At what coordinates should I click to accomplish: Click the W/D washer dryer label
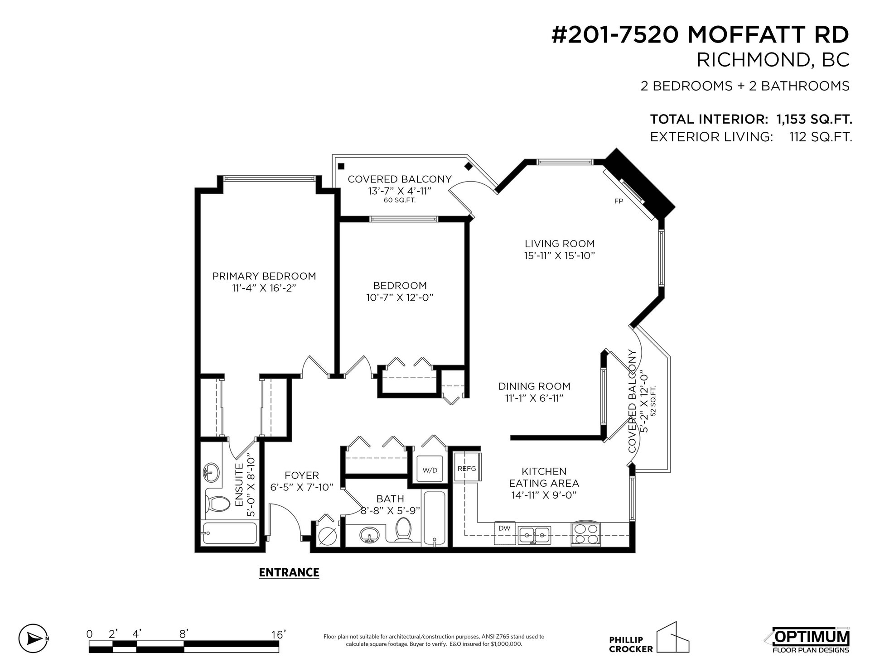click(x=430, y=470)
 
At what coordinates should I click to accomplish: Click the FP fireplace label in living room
click(x=619, y=201)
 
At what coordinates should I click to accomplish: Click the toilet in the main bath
click(x=403, y=530)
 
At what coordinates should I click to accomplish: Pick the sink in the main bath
click(x=371, y=535)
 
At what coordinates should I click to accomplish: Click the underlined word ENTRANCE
click(x=289, y=572)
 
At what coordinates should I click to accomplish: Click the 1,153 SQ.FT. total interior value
click(x=814, y=120)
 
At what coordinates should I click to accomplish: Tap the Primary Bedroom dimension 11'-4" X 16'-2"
click(x=264, y=288)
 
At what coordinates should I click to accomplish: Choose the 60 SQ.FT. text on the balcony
click(x=400, y=200)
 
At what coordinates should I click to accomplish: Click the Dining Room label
click(x=534, y=386)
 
